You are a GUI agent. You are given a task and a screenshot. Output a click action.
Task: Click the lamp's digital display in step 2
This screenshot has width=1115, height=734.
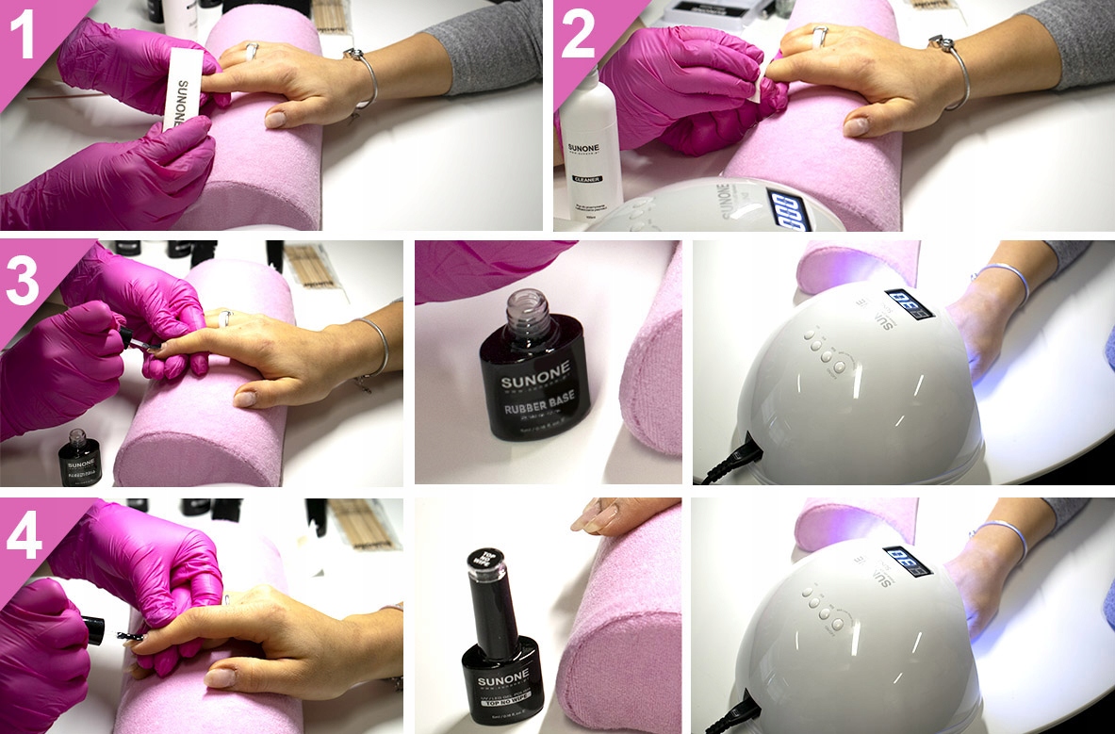(x=785, y=208)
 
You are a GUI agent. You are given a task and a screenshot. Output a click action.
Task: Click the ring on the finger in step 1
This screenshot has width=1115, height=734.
(x=252, y=52)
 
